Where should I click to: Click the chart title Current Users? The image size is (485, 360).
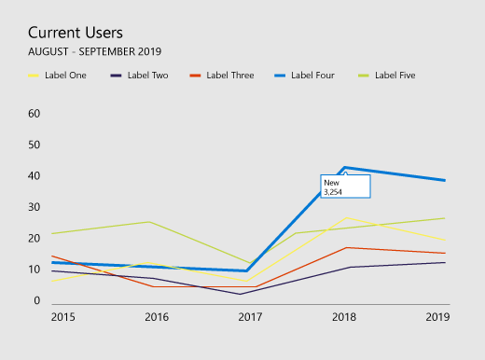point(75,32)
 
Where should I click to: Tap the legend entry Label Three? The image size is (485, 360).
point(229,75)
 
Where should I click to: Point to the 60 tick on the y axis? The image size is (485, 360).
point(35,114)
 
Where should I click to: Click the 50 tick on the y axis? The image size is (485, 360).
point(35,145)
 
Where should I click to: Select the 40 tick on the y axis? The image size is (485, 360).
point(35,176)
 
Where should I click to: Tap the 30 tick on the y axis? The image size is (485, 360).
point(35,207)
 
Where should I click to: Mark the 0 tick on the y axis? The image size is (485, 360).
point(37,301)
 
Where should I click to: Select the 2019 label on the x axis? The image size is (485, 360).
point(436,317)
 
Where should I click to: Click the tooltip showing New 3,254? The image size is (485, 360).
point(345,186)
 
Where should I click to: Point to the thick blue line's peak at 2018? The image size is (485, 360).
point(345,168)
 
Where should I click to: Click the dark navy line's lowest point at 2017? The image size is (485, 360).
point(242,294)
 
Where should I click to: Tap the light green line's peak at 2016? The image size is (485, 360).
point(150,222)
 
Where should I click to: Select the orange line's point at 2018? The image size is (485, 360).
point(345,247)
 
